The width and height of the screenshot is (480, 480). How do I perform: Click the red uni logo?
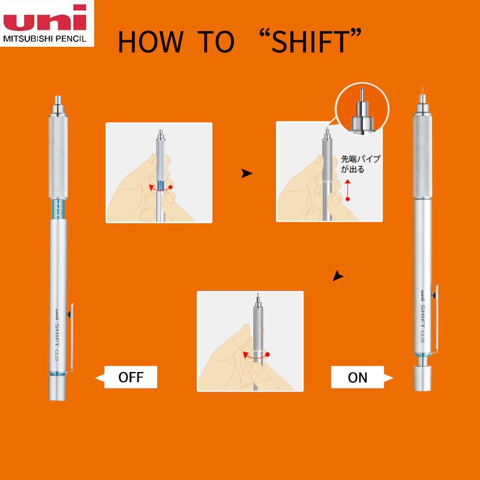point(44,17)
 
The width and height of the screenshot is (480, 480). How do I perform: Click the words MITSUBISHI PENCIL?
point(44,39)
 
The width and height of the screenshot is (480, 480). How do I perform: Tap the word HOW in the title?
point(151,41)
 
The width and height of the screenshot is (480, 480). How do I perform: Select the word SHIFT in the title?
point(310,41)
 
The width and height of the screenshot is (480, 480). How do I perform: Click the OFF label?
point(131,377)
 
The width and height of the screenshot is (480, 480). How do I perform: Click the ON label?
point(358,377)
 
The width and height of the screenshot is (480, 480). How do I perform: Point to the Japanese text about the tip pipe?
point(361,164)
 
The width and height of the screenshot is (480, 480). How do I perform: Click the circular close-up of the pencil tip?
point(362,109)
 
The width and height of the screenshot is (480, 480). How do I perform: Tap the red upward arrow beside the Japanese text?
point(347,190)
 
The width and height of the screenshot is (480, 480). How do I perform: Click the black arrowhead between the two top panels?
point(247,173)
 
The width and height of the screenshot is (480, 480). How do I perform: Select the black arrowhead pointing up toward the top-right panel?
point(338,275)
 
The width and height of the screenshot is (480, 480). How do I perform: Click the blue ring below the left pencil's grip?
point(58,209)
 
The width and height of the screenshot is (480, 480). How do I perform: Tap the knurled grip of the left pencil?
point(58,157)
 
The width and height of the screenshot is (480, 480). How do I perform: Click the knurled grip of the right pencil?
point(422,156)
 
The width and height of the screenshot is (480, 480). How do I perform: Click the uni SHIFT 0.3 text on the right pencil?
point(422,316)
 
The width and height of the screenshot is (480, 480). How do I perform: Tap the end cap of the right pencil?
point(422,378)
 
